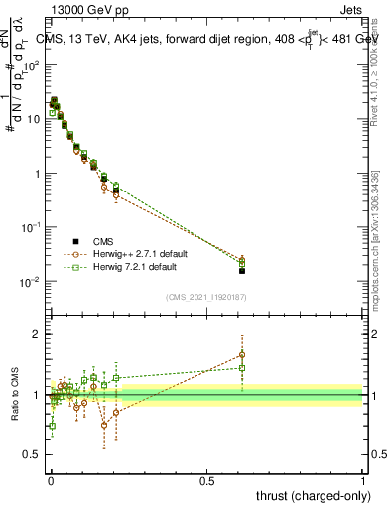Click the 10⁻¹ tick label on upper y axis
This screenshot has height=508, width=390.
tap(32, 227)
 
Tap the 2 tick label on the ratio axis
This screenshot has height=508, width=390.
tap(37, 334)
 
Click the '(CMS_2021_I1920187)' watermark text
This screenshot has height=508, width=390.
tap(206, 296)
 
